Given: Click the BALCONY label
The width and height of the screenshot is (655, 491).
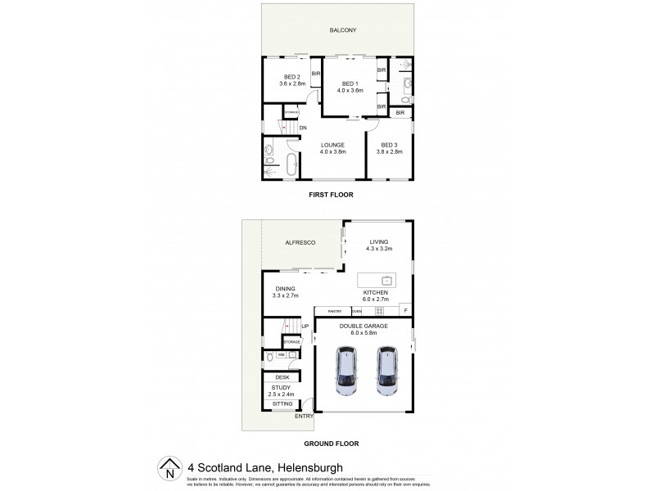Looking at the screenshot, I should click(343, 30).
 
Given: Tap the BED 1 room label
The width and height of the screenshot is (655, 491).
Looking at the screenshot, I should click(350, 83).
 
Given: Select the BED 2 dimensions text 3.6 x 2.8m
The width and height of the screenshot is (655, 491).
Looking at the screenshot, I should click(292, 83).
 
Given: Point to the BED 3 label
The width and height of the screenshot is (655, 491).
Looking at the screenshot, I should click(390, 145).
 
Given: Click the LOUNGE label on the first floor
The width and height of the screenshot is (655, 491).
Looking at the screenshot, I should click(332, 145).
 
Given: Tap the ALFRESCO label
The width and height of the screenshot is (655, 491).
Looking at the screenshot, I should click(300, 242).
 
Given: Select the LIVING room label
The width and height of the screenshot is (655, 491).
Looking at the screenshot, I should click(378, 241).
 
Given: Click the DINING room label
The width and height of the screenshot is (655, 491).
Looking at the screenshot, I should click(285, 288).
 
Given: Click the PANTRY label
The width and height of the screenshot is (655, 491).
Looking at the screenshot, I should click(334, 312).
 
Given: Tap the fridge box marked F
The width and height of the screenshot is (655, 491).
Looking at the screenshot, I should click(405, 311).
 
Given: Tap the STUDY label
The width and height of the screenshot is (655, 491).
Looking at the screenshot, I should click(280, 388).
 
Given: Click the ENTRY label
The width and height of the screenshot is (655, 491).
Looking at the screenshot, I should click(305, 417).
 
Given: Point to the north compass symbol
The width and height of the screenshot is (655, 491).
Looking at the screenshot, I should click(169, 468).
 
